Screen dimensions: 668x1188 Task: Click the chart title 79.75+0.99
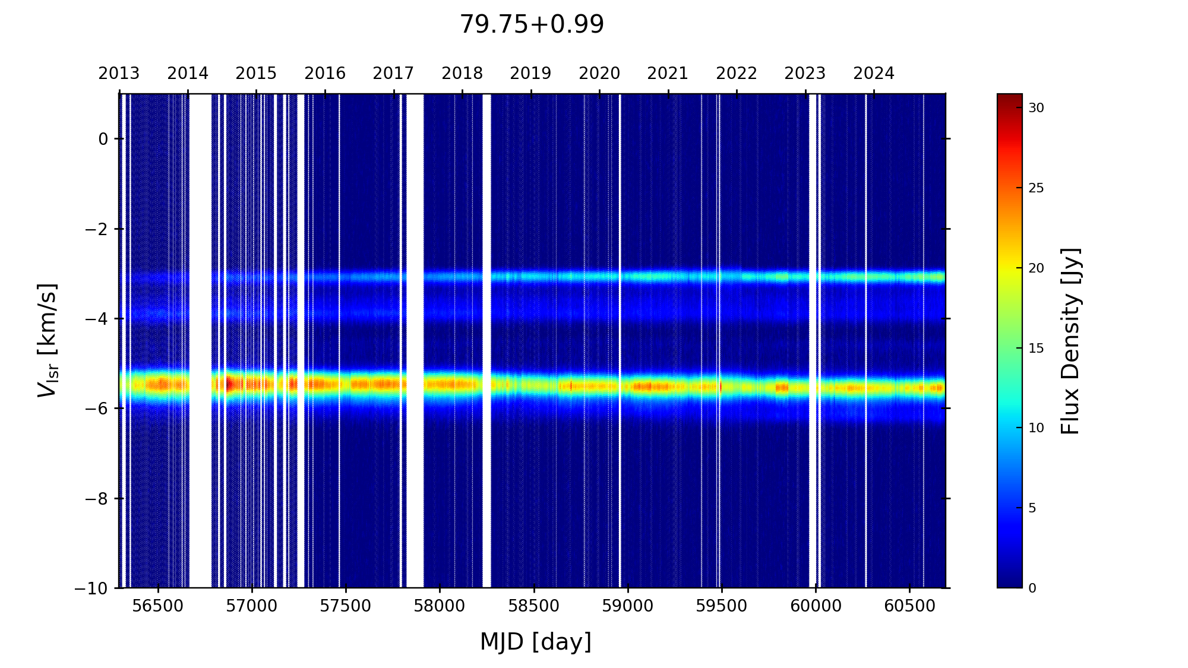(x=532, y=25)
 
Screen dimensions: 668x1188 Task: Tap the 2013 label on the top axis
(x=119, y=74)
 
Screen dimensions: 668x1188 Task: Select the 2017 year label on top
(x=393, y=74)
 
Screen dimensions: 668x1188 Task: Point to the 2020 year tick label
(x=599, y=74)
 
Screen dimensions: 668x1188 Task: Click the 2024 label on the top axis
(x=874, y=74)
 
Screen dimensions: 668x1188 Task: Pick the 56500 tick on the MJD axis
(x=158, y=606)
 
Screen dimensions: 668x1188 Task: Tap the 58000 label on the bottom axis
(x=440, y=606)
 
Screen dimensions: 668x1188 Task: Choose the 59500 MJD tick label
(x=721, y=606)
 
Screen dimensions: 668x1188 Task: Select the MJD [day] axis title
(x=536, y=642)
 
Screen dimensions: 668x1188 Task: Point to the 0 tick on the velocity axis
(x=103, y=139)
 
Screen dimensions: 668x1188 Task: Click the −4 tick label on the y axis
(x=95, y=319)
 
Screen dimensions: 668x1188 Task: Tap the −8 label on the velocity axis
(x=95, y=499)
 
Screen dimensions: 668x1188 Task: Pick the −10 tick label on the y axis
(x=91, y=588)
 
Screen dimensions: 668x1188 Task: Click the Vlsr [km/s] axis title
(x=48, y=340)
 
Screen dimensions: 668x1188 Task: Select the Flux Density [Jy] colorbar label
(x=1070, y=341)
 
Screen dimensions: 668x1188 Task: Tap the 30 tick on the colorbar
(x=1037, y=108)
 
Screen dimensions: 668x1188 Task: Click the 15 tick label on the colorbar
(x=1037, y=349)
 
